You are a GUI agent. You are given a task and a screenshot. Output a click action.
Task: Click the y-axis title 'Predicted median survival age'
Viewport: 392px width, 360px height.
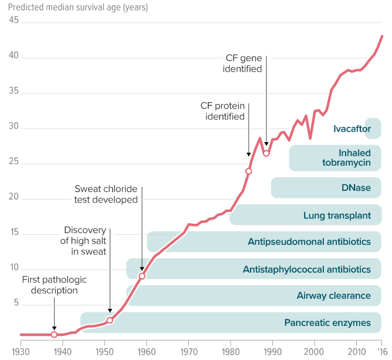(x=78, y=8)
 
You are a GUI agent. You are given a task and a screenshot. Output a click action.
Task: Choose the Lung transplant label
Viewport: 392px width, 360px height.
(x=337, y=216)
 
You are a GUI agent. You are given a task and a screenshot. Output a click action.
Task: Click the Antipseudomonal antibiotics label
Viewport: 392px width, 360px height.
(x=309, y=242)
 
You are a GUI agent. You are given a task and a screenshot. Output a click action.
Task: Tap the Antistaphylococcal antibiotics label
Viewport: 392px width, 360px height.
(x=307, y=270)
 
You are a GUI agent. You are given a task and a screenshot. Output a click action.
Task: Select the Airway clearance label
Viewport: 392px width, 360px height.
(x=333, y=296)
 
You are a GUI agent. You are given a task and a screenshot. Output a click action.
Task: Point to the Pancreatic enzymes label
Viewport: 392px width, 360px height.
(x=327, y=323)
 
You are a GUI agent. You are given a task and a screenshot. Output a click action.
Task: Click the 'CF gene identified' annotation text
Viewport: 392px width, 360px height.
(x=242, y=63)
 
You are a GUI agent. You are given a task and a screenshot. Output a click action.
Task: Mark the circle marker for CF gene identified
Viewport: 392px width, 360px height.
(x=266, y=153)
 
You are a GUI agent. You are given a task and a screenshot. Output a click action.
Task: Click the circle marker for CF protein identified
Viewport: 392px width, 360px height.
(x=249, y=171)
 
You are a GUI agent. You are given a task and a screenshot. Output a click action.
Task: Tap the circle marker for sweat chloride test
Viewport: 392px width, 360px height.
(x=141, y=276)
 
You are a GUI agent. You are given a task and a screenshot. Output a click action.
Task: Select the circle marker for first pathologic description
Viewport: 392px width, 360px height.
(x=54, y=334)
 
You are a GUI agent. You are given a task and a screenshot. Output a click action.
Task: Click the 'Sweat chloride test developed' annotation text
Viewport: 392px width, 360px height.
(x=106, y=194)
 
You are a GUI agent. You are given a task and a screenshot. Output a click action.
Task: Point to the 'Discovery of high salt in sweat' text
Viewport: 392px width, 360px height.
(x=85, y=241)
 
